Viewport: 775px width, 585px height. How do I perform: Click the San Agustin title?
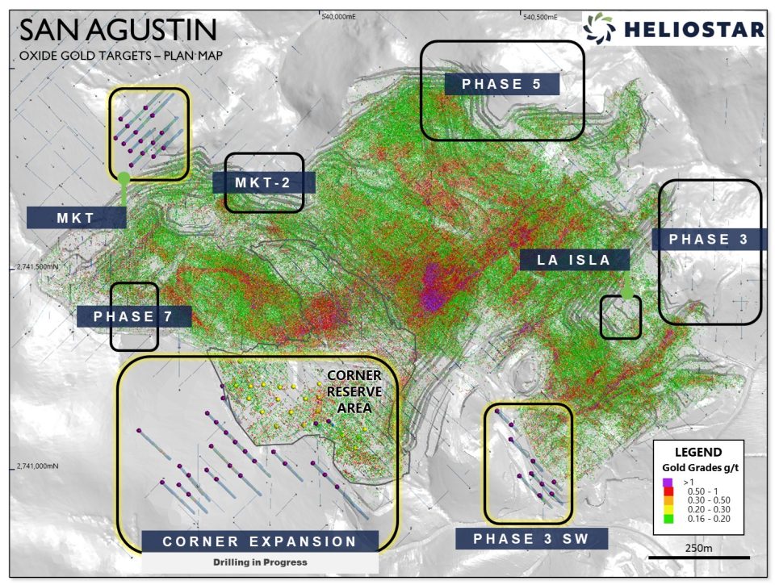coord(118,30)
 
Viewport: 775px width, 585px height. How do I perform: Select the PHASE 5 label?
coord(501,84)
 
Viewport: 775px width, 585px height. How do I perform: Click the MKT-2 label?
coord(263,182)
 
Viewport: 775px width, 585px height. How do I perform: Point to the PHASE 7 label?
coord(134,316)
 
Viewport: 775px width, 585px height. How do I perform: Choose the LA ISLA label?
coord(575,260)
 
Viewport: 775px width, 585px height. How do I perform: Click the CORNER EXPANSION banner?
coord(260,541)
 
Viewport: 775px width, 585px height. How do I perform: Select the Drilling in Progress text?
coord(260,562)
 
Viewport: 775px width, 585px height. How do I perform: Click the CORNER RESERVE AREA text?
coord(354,392)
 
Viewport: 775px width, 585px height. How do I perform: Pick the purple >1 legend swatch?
coord(667,482)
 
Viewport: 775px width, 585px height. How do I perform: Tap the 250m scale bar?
coord(699,557)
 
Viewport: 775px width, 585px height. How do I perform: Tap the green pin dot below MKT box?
coord(124,178)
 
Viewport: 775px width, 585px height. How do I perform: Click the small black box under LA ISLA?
coord(621,317)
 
